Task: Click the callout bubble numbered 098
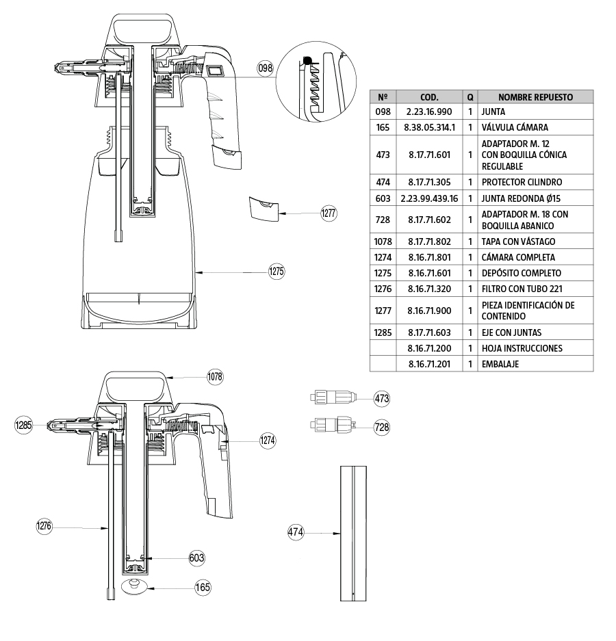click(266, 68)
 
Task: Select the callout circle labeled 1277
click(329, 213)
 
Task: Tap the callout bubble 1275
click(277, 272)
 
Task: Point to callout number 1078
click(216, 376)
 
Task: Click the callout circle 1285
click(24, 426)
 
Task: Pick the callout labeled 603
click(196, 558)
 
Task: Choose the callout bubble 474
click(296, 532)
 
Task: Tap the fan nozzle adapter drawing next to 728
click(333, 426)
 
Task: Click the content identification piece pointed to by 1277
click(263, 207)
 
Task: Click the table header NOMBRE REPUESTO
click(535, 97)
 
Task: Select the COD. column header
click(429, 97)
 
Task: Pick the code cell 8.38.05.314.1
click(429, 127)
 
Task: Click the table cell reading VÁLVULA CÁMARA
click(515, 127)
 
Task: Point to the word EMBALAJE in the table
click(500, 364)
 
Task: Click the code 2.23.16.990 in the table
click(429, 112)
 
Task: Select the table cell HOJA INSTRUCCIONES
click(522, 348)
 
